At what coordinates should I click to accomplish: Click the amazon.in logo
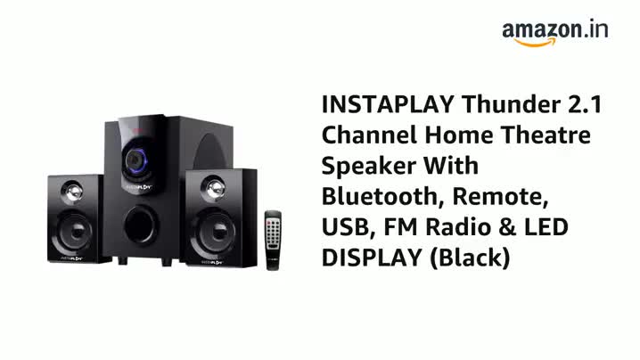click(x=554, y=31)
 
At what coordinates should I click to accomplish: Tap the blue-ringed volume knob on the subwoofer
click(x=135, y=160)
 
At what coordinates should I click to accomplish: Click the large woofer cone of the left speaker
click(x=73, y=230)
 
